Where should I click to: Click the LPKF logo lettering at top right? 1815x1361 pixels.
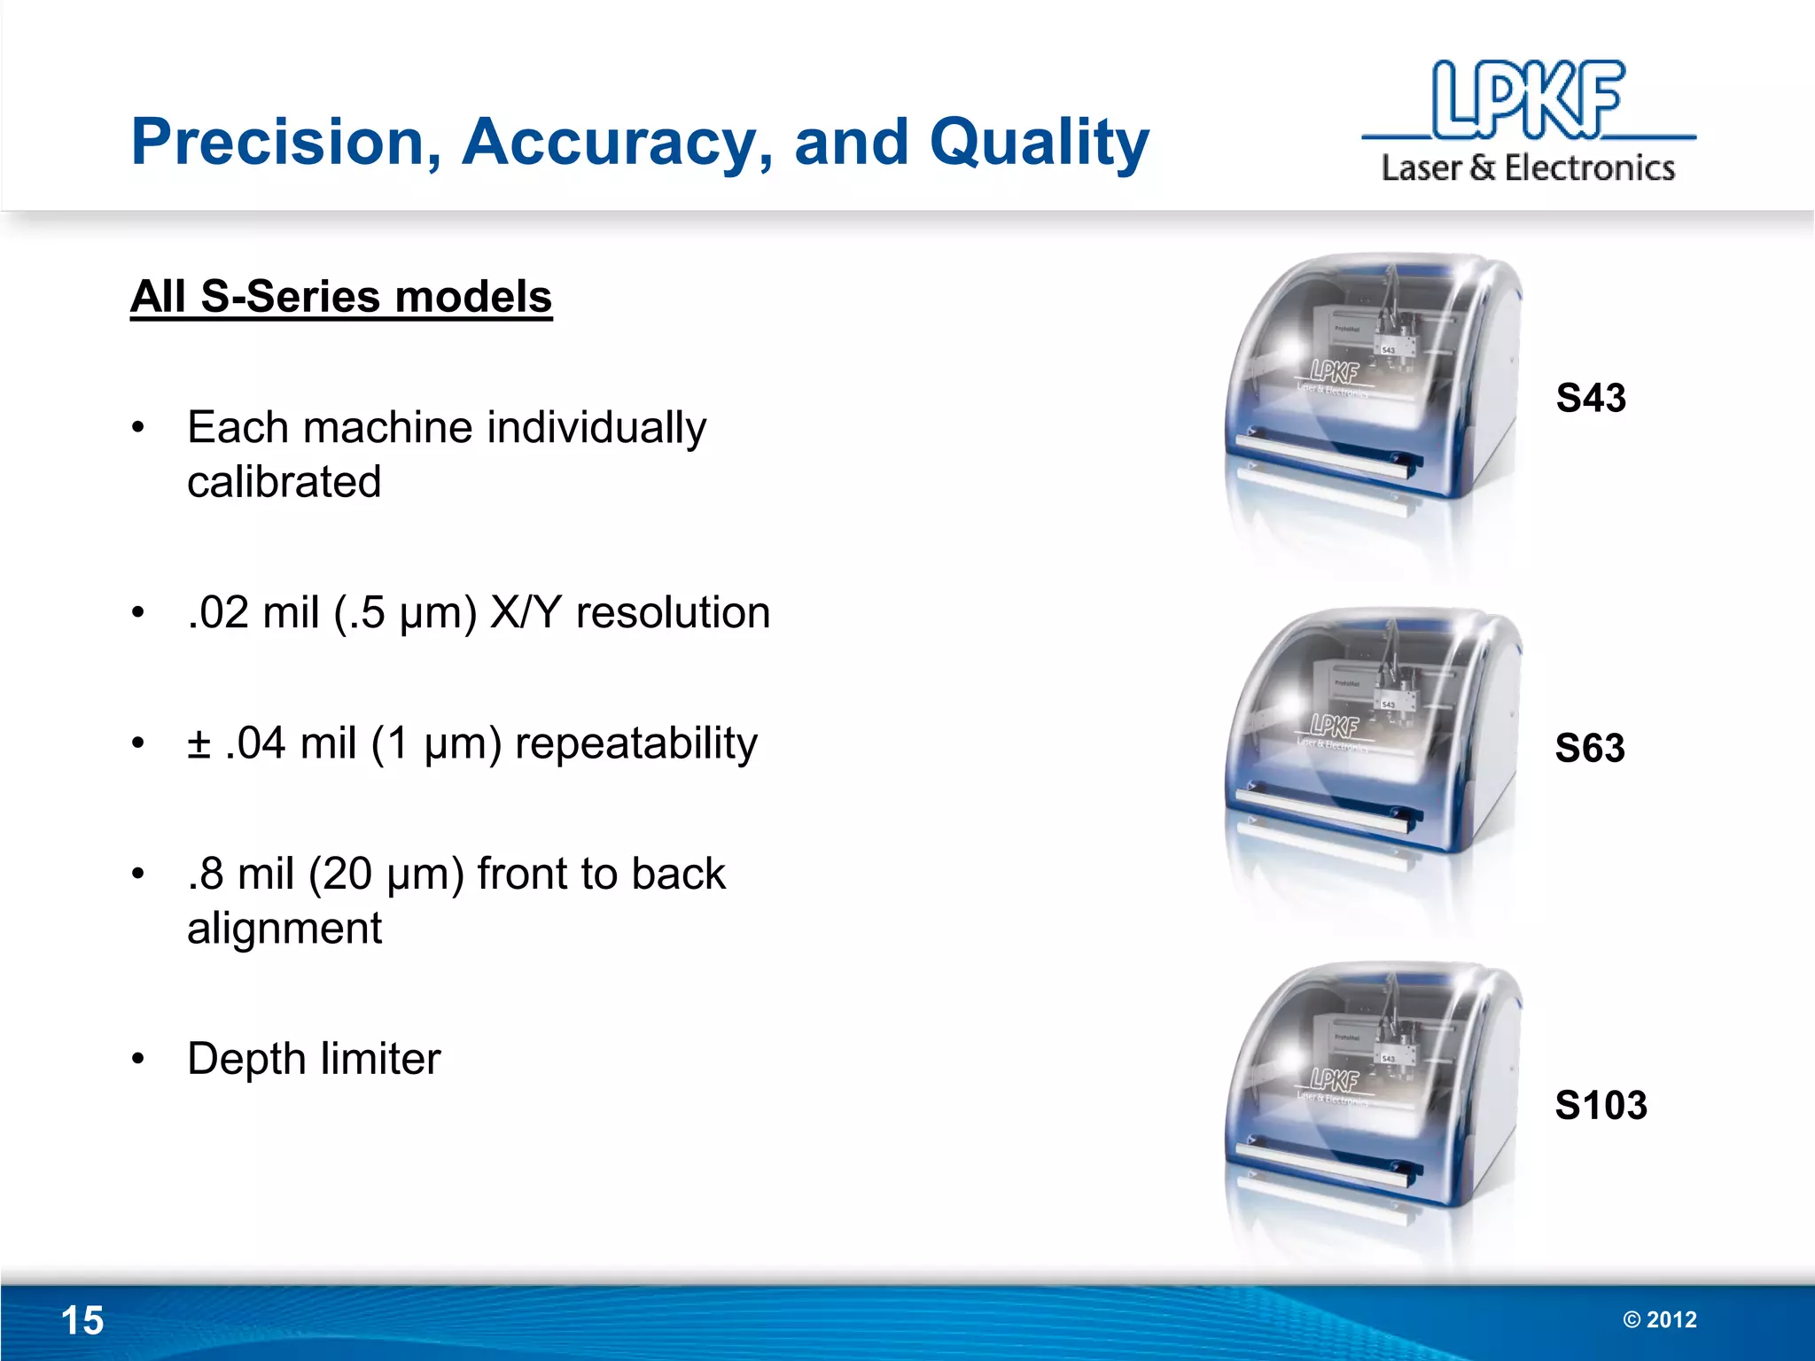[1528, 100]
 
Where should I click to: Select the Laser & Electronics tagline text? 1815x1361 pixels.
[1528, 167]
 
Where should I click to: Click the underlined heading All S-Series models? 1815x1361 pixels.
[341, 297]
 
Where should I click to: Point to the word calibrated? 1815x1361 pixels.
[284, 482]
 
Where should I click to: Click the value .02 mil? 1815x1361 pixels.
[253, 612]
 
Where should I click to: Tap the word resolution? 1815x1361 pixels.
[673, 612]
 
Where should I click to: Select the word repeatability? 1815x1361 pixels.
[635, 743]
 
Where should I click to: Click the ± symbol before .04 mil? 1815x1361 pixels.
[199, 743]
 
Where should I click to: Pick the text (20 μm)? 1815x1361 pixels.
[386, 874]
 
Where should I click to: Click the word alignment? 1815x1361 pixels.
[284, 929]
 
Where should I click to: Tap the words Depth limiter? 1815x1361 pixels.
[314, 1059]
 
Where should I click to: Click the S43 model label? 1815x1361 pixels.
[1591, 398]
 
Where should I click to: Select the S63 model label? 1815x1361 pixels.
[1590, 749]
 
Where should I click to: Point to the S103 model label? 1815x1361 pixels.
[1601, 1105]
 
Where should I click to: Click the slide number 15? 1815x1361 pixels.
[82, 1320]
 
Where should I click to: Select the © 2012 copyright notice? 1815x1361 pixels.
[1659, 1319]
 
